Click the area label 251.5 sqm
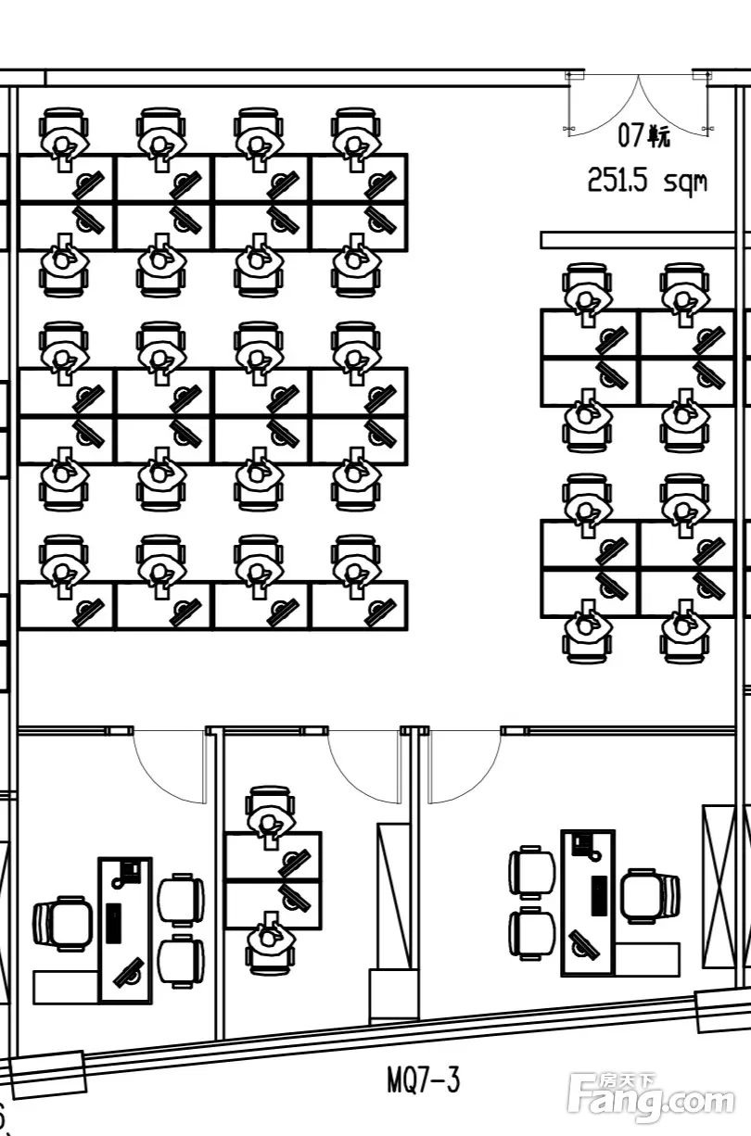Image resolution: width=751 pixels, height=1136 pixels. (x=646, y=180)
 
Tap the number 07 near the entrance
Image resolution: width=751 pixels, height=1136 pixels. (x=631, y=136)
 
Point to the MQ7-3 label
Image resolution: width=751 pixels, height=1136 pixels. (x=423, y=1079)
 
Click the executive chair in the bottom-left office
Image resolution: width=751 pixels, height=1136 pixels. (x=63, y=923)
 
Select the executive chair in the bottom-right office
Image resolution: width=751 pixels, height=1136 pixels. (x=650, y=896)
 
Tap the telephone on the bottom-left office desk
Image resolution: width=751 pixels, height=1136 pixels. (x=128, y=870)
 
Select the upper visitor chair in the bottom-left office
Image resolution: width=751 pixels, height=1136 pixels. (x=180, y=898)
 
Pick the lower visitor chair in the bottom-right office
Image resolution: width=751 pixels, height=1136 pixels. (x=531, y=933)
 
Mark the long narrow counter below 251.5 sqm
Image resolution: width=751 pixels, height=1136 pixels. (x=641, y=240)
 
